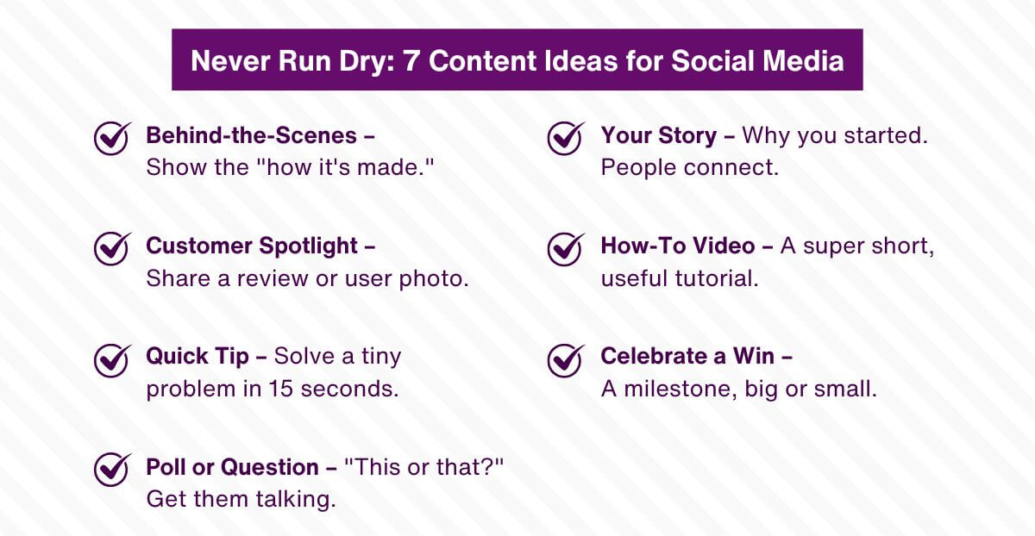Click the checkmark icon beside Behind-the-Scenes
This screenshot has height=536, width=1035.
(x=111, y=138)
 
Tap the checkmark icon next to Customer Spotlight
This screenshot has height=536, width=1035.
(x=111, y=248)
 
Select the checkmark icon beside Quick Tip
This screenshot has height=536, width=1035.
(x=111, y=358)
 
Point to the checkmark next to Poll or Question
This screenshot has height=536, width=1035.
(x=111, y=469)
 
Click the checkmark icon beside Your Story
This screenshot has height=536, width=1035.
(x=566, y=138)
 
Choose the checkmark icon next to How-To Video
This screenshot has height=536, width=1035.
(x=566, y=248)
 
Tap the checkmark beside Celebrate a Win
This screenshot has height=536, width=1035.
(x=566, y=358)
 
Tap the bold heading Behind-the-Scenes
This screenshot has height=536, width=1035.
(x=251, y=135)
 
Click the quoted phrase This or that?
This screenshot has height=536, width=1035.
(x=423, y=466)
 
